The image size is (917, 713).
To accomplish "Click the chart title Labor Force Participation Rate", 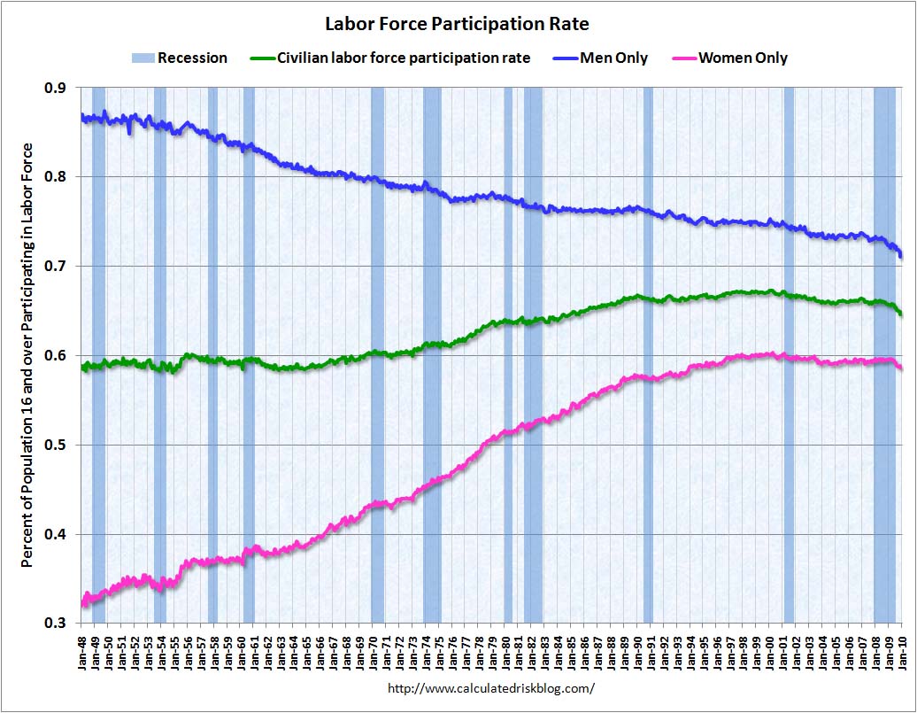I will click(x=457, y=23).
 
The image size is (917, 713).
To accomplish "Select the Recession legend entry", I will click(x=180, y=58).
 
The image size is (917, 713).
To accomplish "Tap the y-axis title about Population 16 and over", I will click(x=27, y=354).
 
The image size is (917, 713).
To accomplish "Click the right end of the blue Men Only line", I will click(x=901, y=256).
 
